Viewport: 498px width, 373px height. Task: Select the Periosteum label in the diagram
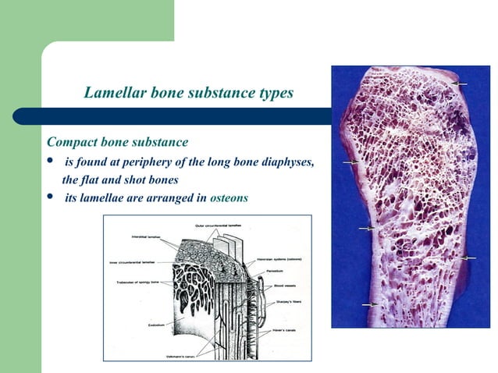290,270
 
